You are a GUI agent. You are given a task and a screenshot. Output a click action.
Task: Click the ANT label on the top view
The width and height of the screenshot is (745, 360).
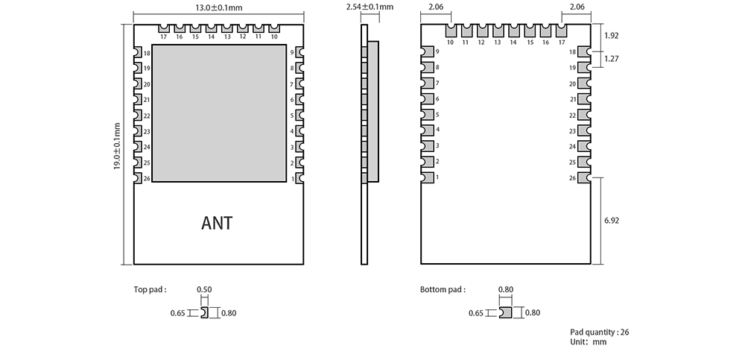(x=217, y=223)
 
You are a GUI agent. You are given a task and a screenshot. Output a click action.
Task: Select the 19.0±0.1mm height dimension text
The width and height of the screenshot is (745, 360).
(x=117, y=146)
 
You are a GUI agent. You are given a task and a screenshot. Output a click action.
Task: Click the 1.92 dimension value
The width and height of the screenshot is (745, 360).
(x=612, y=36)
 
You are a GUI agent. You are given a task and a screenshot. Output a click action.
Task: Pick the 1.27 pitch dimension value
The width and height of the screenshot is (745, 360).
(x=612, y=59)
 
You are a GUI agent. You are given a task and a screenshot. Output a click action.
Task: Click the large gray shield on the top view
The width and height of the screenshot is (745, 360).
(x=219, y=113)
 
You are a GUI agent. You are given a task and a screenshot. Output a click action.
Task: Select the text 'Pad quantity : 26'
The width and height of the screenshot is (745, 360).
(x=600, y=332)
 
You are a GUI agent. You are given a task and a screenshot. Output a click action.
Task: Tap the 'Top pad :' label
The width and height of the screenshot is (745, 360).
(x=150, y=290)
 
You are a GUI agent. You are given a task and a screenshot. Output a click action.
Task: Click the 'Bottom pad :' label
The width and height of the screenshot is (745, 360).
(x=443, y=290)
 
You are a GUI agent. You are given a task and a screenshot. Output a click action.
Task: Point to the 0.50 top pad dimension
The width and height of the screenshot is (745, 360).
(x=203, y=290)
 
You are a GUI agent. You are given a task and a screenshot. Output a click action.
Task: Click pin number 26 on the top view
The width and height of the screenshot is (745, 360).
(x=146, y=179)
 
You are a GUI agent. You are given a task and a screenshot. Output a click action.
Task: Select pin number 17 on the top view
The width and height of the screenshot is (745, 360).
(x=163, y=37)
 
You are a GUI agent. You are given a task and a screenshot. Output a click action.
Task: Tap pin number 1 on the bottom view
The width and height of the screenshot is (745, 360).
(x=437, y=177)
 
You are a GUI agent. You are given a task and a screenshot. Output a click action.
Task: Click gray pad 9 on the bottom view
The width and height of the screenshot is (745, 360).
(x=428, y=51)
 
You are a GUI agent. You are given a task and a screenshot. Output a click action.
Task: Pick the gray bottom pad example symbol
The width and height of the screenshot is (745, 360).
(x=506, y=313)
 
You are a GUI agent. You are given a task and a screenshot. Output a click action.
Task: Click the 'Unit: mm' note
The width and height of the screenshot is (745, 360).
(x=589, y=342)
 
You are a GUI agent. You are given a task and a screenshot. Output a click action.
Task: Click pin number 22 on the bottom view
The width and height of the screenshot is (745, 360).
(x=572, y=116)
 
